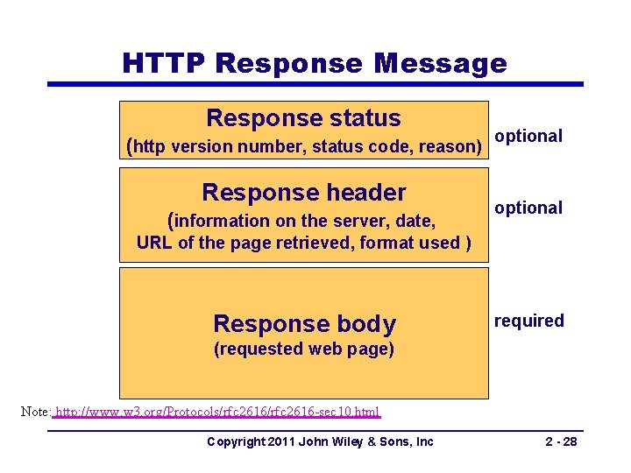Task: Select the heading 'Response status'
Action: (x=303, y=117)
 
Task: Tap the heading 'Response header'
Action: (x=303, y=192)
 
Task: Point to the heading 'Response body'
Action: (x=304, y=323)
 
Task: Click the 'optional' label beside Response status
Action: (x=528, y=136)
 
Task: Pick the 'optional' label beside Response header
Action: (x=528, y=208)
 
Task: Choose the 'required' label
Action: (x=529, y=321)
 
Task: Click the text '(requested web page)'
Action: (x=304, y=349)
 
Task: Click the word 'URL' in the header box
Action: (x=154, y=243)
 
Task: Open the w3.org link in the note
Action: (x=217, y=411)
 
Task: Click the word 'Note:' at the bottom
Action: (x=36, y=411)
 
